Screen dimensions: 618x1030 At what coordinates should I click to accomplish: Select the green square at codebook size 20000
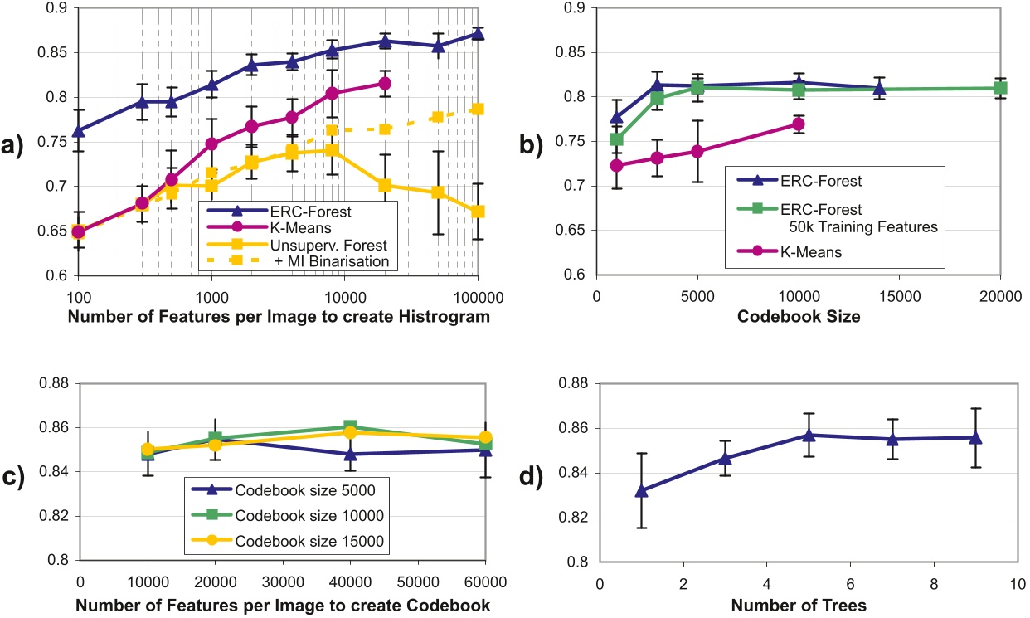[x=1000, y=88]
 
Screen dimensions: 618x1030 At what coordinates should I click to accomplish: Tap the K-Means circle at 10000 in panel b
[x=798, y=124]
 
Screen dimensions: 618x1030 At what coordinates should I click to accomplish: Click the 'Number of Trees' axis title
[x=799, y=606]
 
